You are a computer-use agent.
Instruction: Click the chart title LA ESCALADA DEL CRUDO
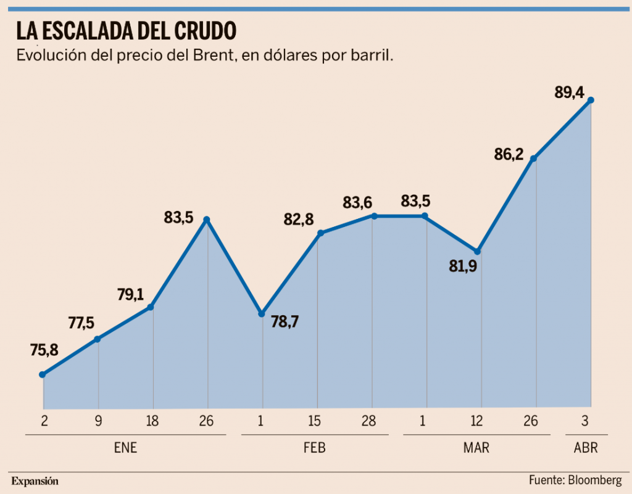(126, 30)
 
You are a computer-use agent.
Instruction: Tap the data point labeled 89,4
(591, 100)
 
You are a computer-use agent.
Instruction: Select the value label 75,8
(44, 350)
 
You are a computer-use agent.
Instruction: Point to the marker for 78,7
(262, 313)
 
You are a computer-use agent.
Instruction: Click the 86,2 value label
(509, 154)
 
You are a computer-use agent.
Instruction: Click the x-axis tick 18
(152, 422)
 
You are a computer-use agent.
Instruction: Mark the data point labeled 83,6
(373, 216)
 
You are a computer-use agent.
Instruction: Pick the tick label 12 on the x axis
(476, 422)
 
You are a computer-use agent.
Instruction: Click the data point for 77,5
(97, 339)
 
